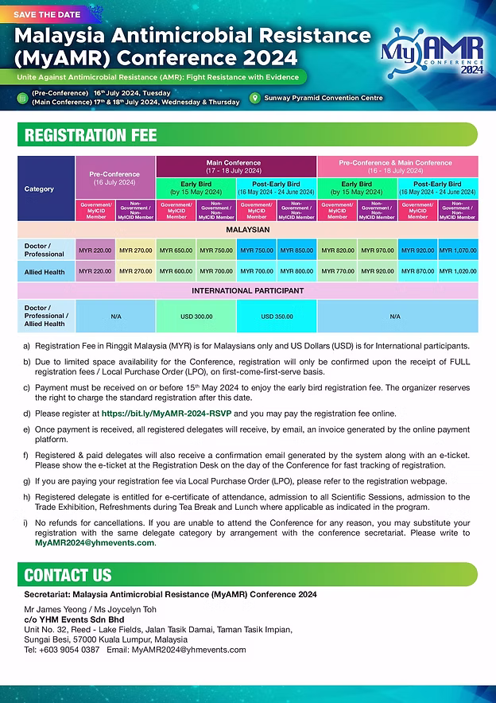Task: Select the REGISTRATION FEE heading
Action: click(91, 135)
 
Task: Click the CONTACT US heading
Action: click(68, 574)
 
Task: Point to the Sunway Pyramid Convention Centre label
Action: click(324, 98)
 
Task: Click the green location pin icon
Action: click(254, 98)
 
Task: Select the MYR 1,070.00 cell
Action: click(458, 251)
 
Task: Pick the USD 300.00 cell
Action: click(196, 316)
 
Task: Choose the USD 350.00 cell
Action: click(277, 316)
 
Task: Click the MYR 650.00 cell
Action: click(176, 251)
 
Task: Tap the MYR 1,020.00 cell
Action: click(458, 271)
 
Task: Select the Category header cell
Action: click(40, 189)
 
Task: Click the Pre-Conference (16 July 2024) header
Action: click(114, 177)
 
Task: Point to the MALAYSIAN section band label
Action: click(247, 230)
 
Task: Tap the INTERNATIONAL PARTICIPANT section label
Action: click(247, 290)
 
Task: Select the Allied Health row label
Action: click(45, 271)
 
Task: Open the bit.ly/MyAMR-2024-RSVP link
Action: click(166, 414)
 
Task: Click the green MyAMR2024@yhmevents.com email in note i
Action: click(94, 542)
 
